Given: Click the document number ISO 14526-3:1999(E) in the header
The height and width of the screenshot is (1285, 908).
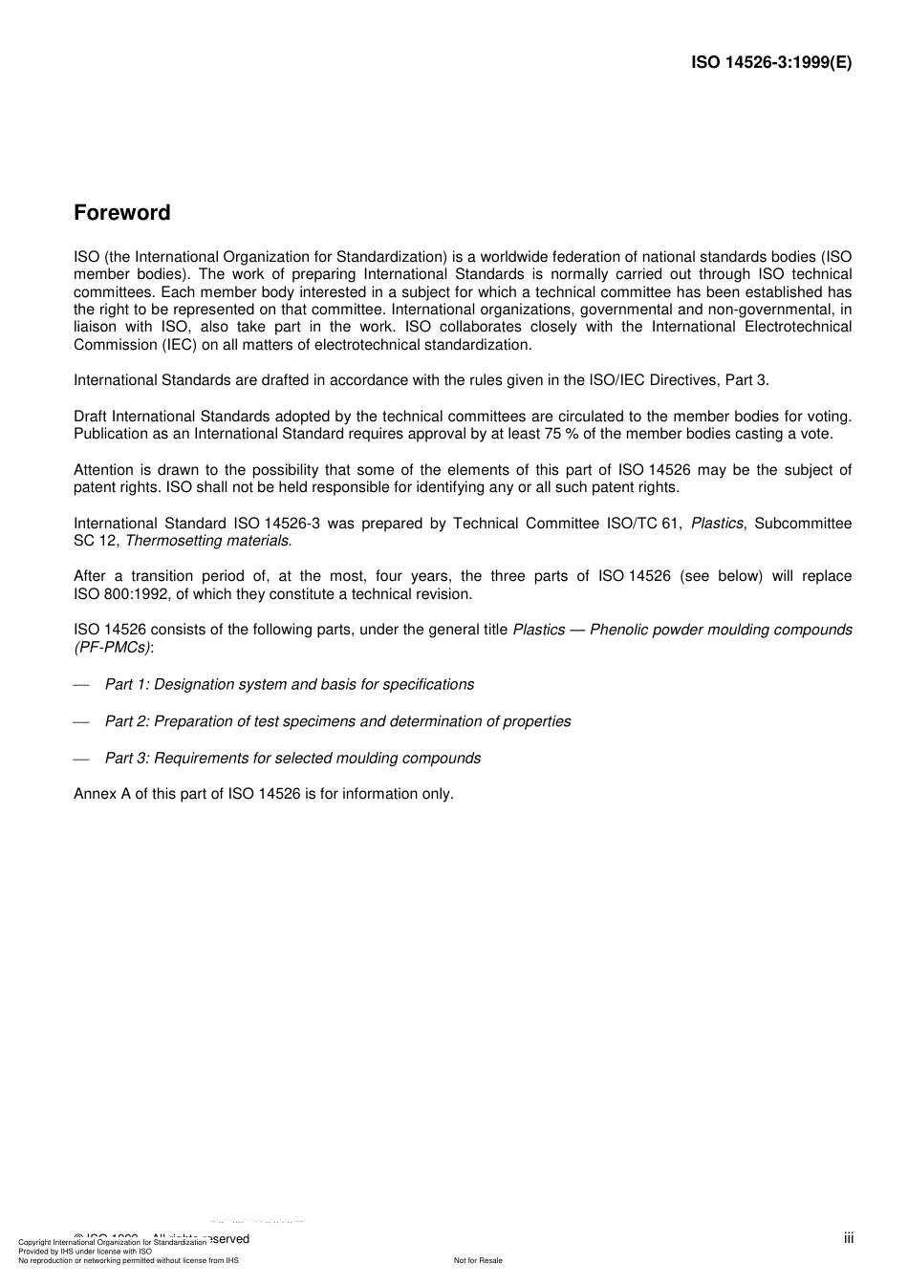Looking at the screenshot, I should pos(771,63).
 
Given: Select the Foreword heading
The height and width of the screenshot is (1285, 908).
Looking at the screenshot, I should pos(122,213).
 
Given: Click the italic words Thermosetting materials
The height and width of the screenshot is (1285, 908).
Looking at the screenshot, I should pos(208,541).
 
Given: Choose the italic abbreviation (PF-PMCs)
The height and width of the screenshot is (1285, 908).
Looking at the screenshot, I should pos(112,648).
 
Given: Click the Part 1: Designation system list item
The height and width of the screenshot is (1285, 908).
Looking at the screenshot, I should pos(289,685).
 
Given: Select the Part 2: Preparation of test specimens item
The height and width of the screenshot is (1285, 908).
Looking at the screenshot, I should pos(337,721).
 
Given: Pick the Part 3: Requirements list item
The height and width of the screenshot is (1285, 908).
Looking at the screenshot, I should pos(292,759).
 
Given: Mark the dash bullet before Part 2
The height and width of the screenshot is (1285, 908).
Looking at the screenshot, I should pos(81,721).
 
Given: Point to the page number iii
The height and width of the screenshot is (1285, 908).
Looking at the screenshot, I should pos(849,1238).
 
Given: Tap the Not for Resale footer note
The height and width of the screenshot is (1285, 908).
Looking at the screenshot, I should pos(478,1260).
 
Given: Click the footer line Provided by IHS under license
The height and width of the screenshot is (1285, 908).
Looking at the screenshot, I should pos(85,1251).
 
